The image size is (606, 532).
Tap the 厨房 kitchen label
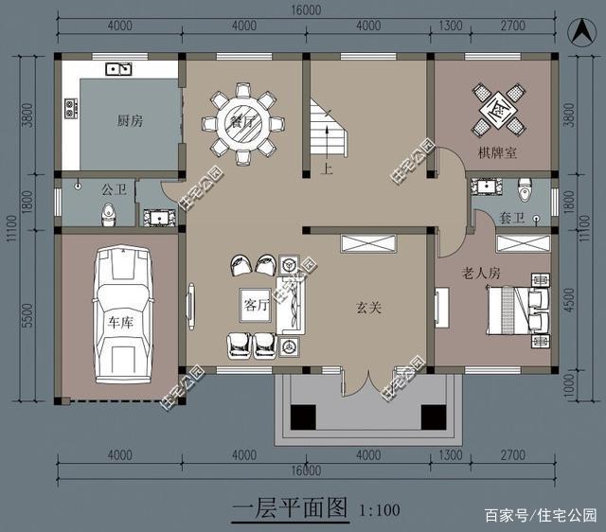coord(130,120)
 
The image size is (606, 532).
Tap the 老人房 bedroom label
coord(480,273)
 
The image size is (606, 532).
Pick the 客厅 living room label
coord(257,306)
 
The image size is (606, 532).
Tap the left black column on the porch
coord(304,417)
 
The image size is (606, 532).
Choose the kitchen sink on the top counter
coord(118,68)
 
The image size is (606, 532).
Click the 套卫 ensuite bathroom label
coord(511,218)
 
